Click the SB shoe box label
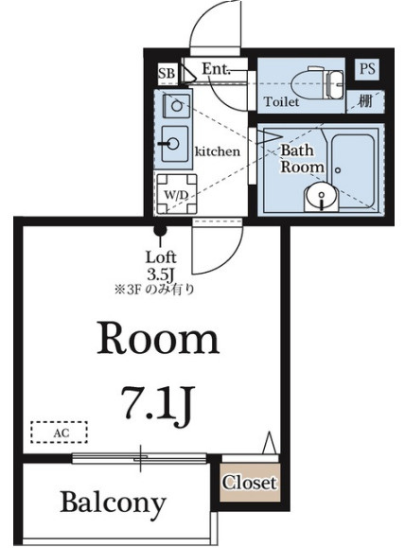(x=167, y=74)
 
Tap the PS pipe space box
(x=367, y=69)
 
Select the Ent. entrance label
(x=217, y=68)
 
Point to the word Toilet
(x=281, y=102)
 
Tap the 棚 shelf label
(x=365, y=101)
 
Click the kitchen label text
(x=218, y=151)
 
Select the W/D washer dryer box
(x=176, y=194)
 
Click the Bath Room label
(x=302, y=159)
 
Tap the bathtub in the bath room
(x=353, y=170)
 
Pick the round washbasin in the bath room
(x=321, y=197)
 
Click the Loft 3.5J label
(x=161, y=266)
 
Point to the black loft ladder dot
(x=161, y=230)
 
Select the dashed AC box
(x=59, y=433)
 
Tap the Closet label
(x=250, y=483)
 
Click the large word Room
(x=158, y=339)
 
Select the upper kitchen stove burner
(x=177, y=104)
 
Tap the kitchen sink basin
(x=175, y=143)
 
